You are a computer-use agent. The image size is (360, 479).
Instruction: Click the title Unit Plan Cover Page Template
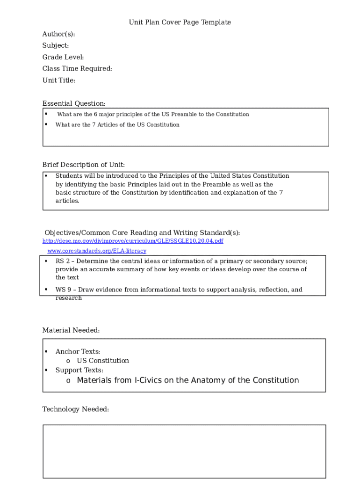(180, 22)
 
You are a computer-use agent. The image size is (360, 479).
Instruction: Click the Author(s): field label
(58, 34)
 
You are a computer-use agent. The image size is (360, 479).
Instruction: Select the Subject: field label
(56, 45)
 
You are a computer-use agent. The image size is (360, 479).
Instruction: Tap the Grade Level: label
(63, 57)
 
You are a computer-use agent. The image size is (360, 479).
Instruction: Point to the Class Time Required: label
(77, 69)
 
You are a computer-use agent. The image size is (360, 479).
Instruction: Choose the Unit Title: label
(59, 80)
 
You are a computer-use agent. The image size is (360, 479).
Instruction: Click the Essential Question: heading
(74, 103)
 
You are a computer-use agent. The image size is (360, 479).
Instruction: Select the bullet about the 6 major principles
(153, 115)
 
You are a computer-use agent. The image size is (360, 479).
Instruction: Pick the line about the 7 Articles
(117, 125)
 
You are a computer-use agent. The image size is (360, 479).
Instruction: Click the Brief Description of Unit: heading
(84, 165)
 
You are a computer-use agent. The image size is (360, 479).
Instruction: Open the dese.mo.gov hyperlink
(133, 241)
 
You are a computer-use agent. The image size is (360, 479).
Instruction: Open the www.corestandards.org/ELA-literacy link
(97, 251)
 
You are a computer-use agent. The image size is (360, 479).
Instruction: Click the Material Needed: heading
(71, 330)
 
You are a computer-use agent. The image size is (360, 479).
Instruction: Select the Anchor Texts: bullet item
(78, 352)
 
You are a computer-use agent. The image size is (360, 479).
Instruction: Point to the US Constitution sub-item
(103, 361)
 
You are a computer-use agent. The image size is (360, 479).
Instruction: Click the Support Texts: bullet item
(79, 370)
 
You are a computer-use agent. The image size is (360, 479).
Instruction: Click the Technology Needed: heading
(76, 409)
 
